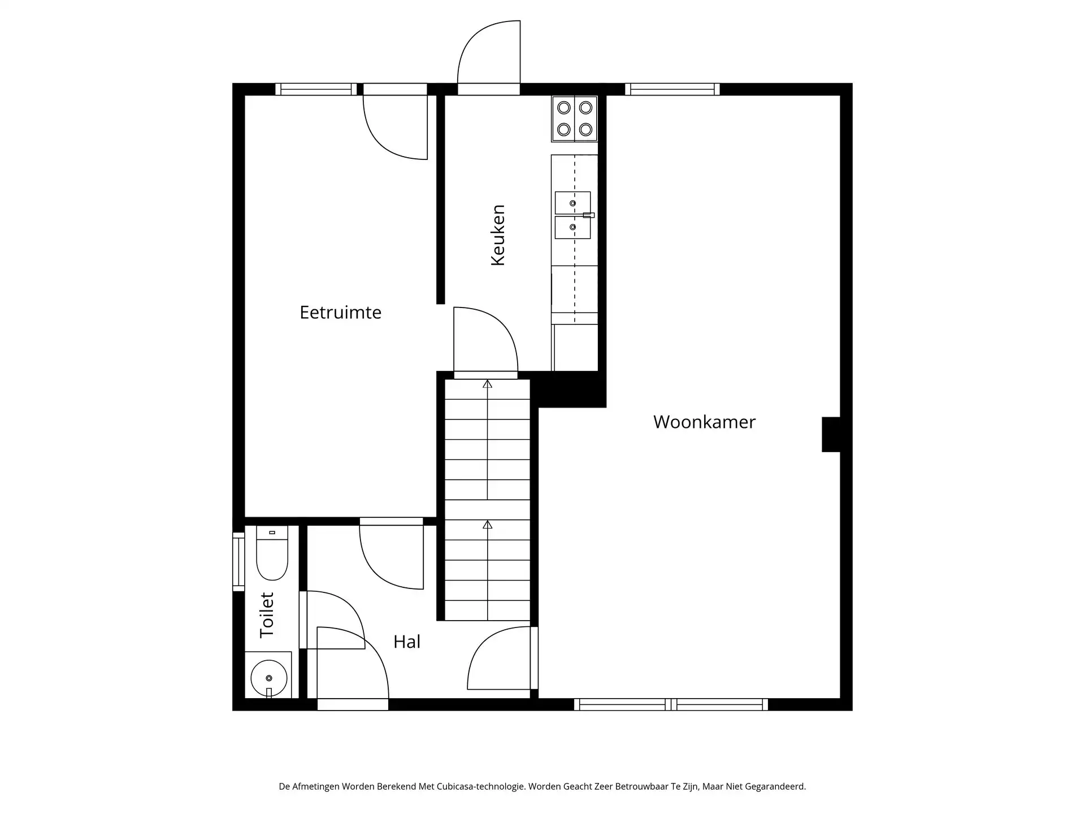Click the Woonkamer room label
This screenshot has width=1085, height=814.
pyautogui.click(x=704, y=422)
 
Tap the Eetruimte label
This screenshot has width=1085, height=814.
pyautogui.click(x=340, y=312)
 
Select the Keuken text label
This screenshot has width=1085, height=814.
pyautogui.click(x=497, y=235)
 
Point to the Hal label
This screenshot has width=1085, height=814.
pyautogui.click(x=407, y=642)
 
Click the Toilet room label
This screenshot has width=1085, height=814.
pyautogui.click(x=266, y=615)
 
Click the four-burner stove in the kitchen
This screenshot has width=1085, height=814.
pyautogui.click(x=575, y=119)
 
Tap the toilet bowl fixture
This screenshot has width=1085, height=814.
pyautogui.click(x=272, y=553)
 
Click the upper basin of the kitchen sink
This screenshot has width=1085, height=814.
pyautogui.click(x=572, y=202)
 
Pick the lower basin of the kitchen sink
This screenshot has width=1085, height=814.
pyautogui.click(x=572, y=227)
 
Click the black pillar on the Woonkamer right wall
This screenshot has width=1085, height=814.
pyautogui.click(x=831, y=434)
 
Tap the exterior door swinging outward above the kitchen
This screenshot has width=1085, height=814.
pyautogui.click(x=489, y=58)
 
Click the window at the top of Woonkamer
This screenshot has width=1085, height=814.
pyautogui.click(x=672, y=89)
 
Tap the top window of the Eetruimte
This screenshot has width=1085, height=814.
pyautogui.click(x=316, y=89)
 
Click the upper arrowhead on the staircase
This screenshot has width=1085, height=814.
pyautogui.click(x=487, y=384)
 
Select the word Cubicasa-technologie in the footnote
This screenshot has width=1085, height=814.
pyautogui.click(x=480, y=786)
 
